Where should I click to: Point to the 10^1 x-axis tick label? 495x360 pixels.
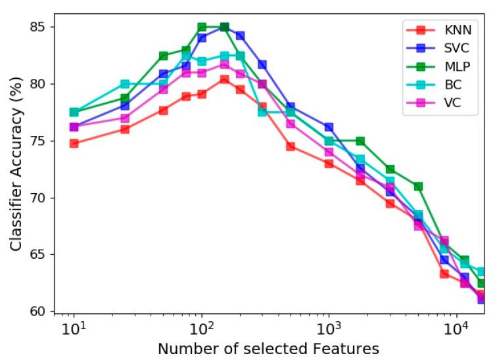pyautogui.click(x=74, y=328)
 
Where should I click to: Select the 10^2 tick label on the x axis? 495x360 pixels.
pyautogui.click(x=201, y=328)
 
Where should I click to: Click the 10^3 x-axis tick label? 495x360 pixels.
pyautogui.click(x=329, y=328)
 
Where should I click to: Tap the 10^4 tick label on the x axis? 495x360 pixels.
pyautogui.click(x=456, y=328)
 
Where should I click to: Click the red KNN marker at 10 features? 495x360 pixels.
pyautogui.click(x=74, y=143)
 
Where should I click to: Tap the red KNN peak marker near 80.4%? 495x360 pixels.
pyautogui.click(x=224, y=79)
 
